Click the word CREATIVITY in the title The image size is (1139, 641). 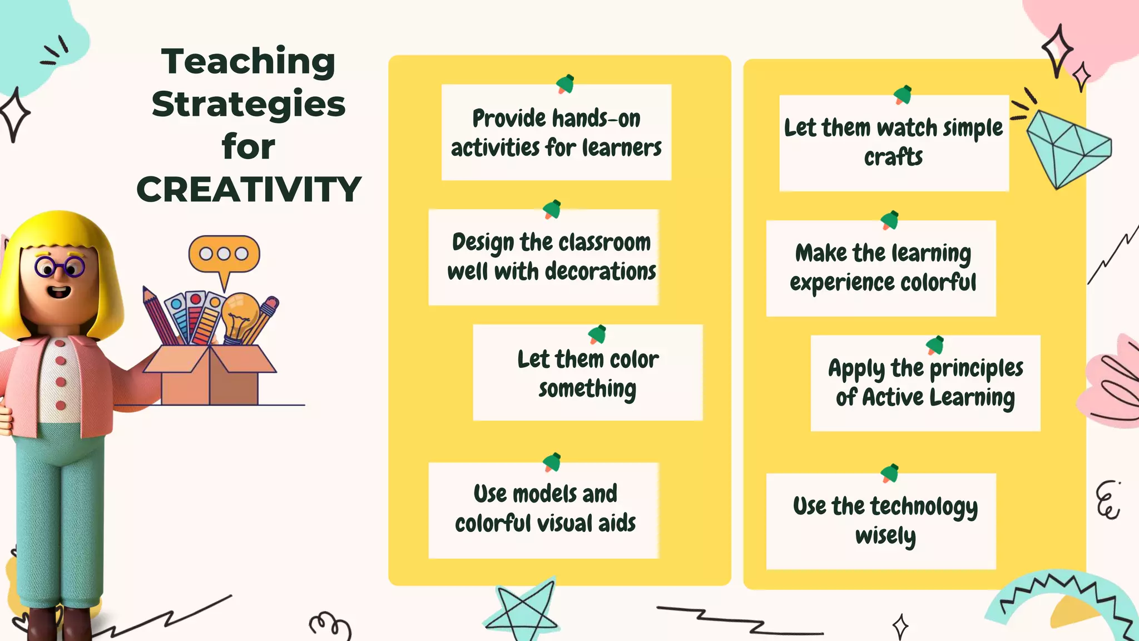(x=249, y=190)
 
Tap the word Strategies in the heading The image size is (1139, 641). (x=248, y=105)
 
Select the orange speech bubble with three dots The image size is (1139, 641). (x=224, y=255)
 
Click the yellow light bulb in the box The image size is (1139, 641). (x=240, y=314)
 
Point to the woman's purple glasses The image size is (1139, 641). (x=59, y=267)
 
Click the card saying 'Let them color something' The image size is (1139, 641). (x=588, y=373)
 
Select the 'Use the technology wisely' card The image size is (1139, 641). (x=881, y=521)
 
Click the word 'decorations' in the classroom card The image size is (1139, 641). (x=601, y=272)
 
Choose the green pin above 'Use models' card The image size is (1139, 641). (x=552, y=462)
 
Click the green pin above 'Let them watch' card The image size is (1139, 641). (x=903, y=95)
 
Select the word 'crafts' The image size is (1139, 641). (x=893, y=157)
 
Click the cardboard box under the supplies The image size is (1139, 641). (x=210, y=376)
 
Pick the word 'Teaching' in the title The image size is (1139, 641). (x=248, y=61)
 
